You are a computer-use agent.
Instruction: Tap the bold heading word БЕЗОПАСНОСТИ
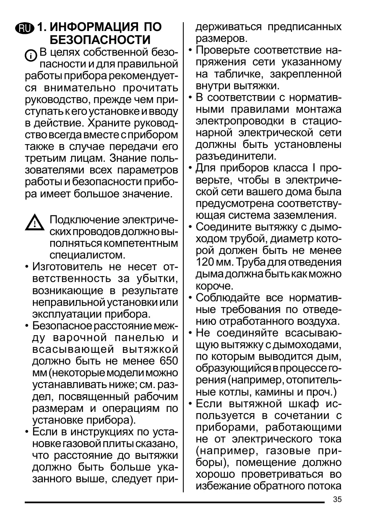coord(100,40)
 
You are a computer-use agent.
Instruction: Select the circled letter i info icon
coord(31,55)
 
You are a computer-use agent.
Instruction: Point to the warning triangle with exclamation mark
coord(34,223)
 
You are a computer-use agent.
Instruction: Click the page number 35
coord(337,499)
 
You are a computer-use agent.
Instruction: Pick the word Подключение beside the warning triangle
coord(83,220)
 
